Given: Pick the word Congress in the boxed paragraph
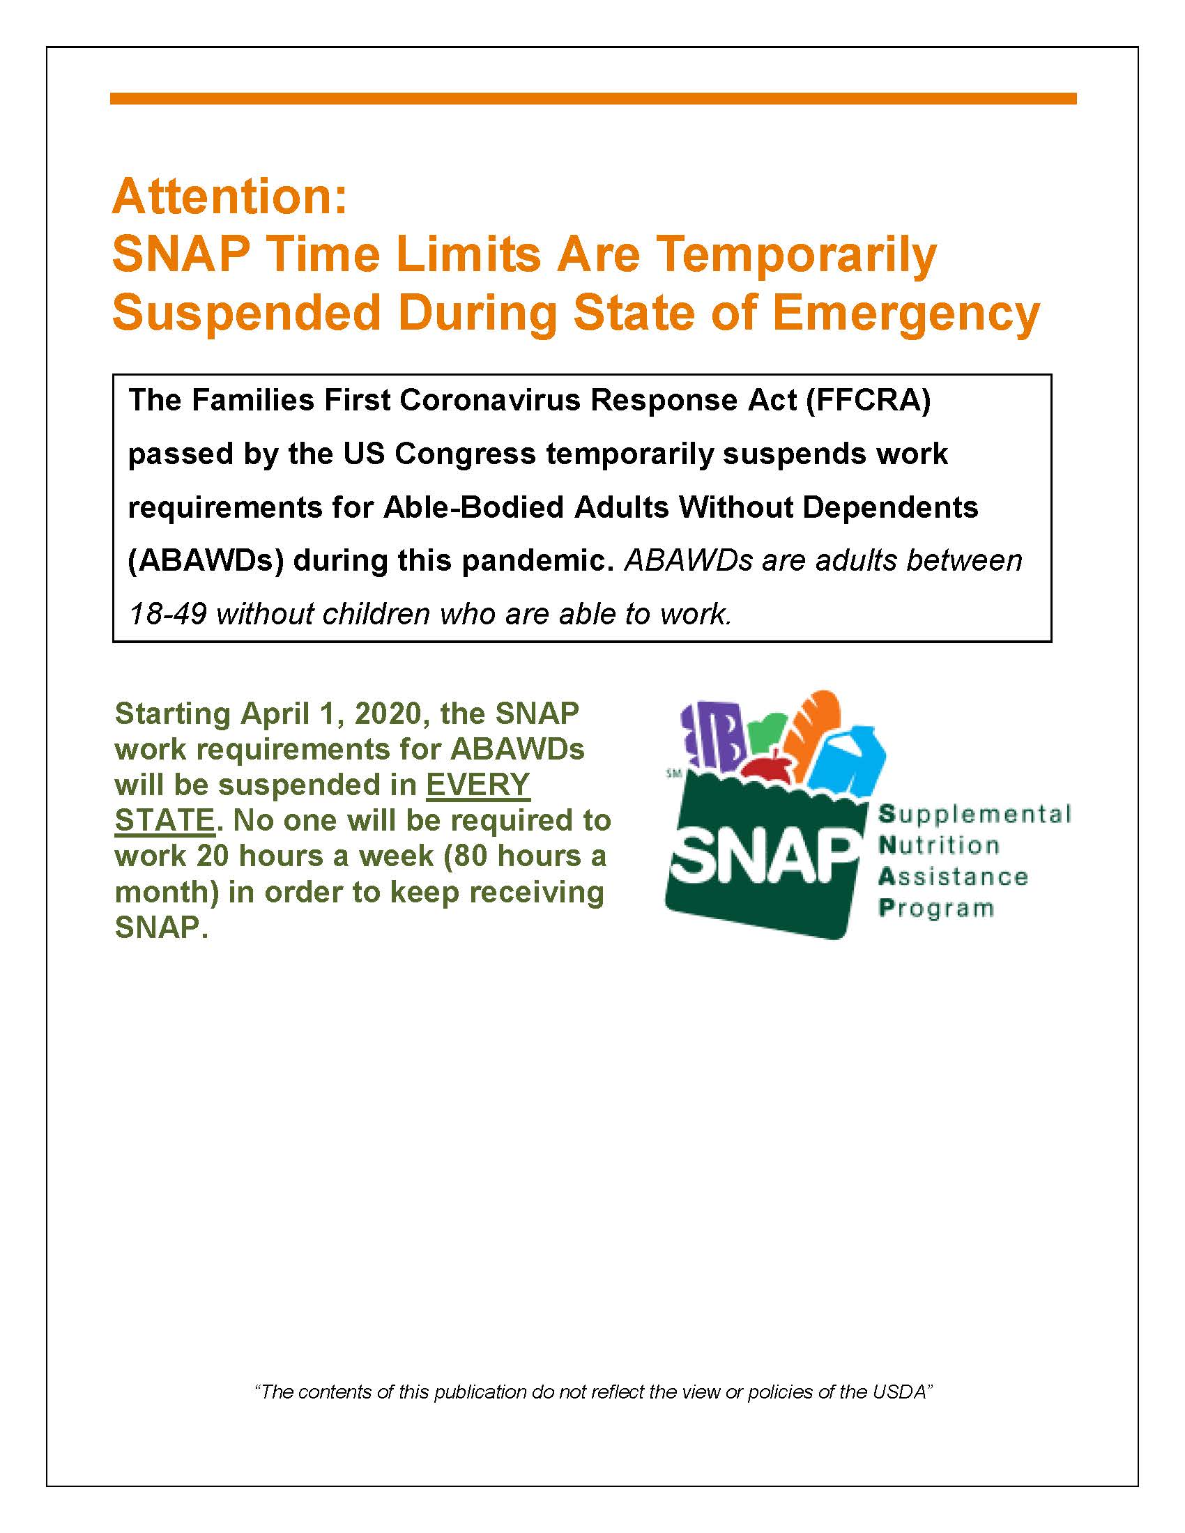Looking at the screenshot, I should tap(464, 454).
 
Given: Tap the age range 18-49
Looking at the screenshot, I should tap(167, 614).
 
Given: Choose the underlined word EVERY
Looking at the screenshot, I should tap(477, 785).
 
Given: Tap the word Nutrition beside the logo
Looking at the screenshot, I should tap(939, 846).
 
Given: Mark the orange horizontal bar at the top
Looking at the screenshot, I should tap(592, 99).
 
